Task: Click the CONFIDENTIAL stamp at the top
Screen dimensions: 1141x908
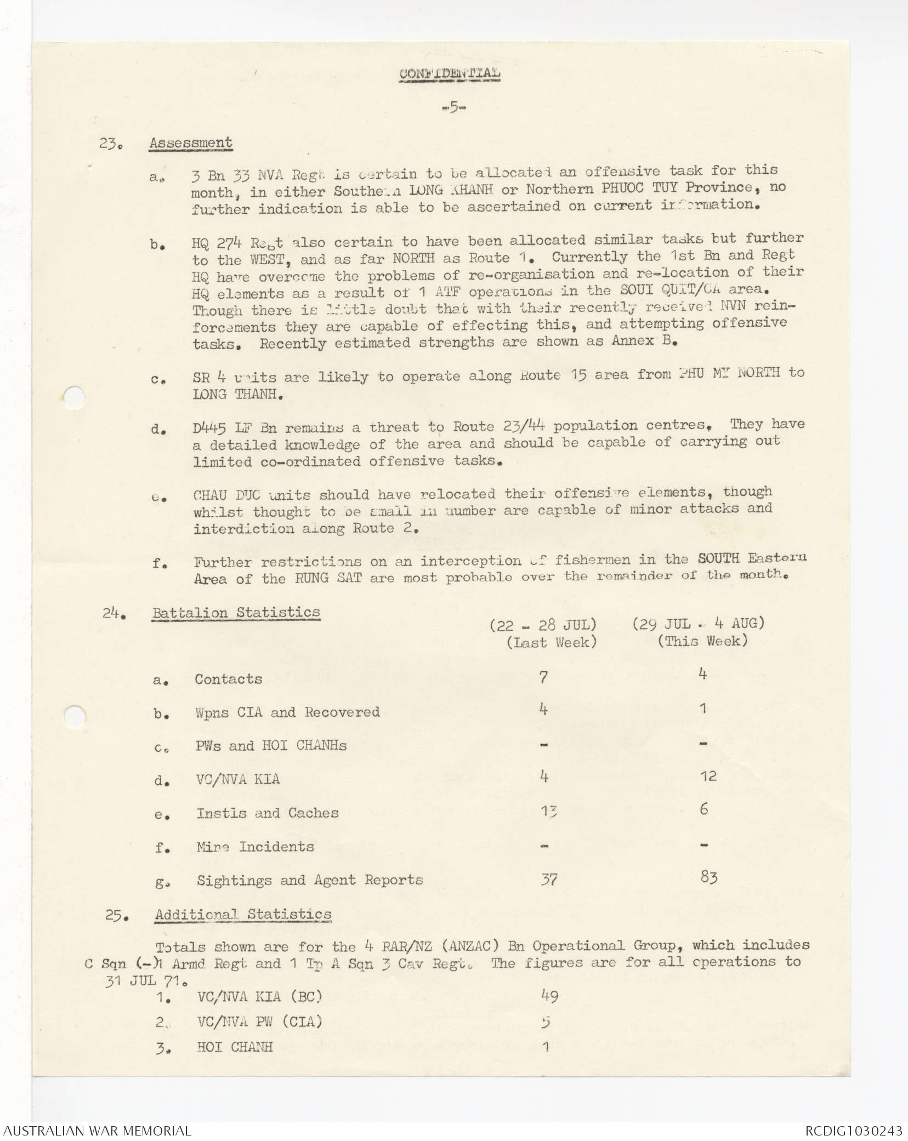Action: [x=449, y=73]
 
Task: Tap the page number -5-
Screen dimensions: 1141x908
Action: [x=453, y=107]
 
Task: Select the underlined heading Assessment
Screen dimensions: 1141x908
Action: [x=191, y=143]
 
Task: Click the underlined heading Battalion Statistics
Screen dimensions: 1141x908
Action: [x=236, y=612]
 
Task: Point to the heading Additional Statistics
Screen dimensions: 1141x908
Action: [x=243, y=914]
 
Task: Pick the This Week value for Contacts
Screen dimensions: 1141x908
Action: [x=703, y=674]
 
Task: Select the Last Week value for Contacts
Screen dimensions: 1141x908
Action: [x=543, y=677]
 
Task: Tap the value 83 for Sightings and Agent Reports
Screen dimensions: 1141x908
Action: [x=708, y=878]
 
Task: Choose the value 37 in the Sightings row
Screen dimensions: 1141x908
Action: [x=549, y=880]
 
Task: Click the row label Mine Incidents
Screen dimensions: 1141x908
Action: [x=255, y=847]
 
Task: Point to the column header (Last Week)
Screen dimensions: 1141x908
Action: [x=551, y=642]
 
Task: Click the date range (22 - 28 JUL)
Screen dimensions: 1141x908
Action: [x=543, y=625]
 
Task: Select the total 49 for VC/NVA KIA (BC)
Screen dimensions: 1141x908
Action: [x=549, y=996]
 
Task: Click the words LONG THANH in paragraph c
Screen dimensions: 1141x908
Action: [x=234, y=394]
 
